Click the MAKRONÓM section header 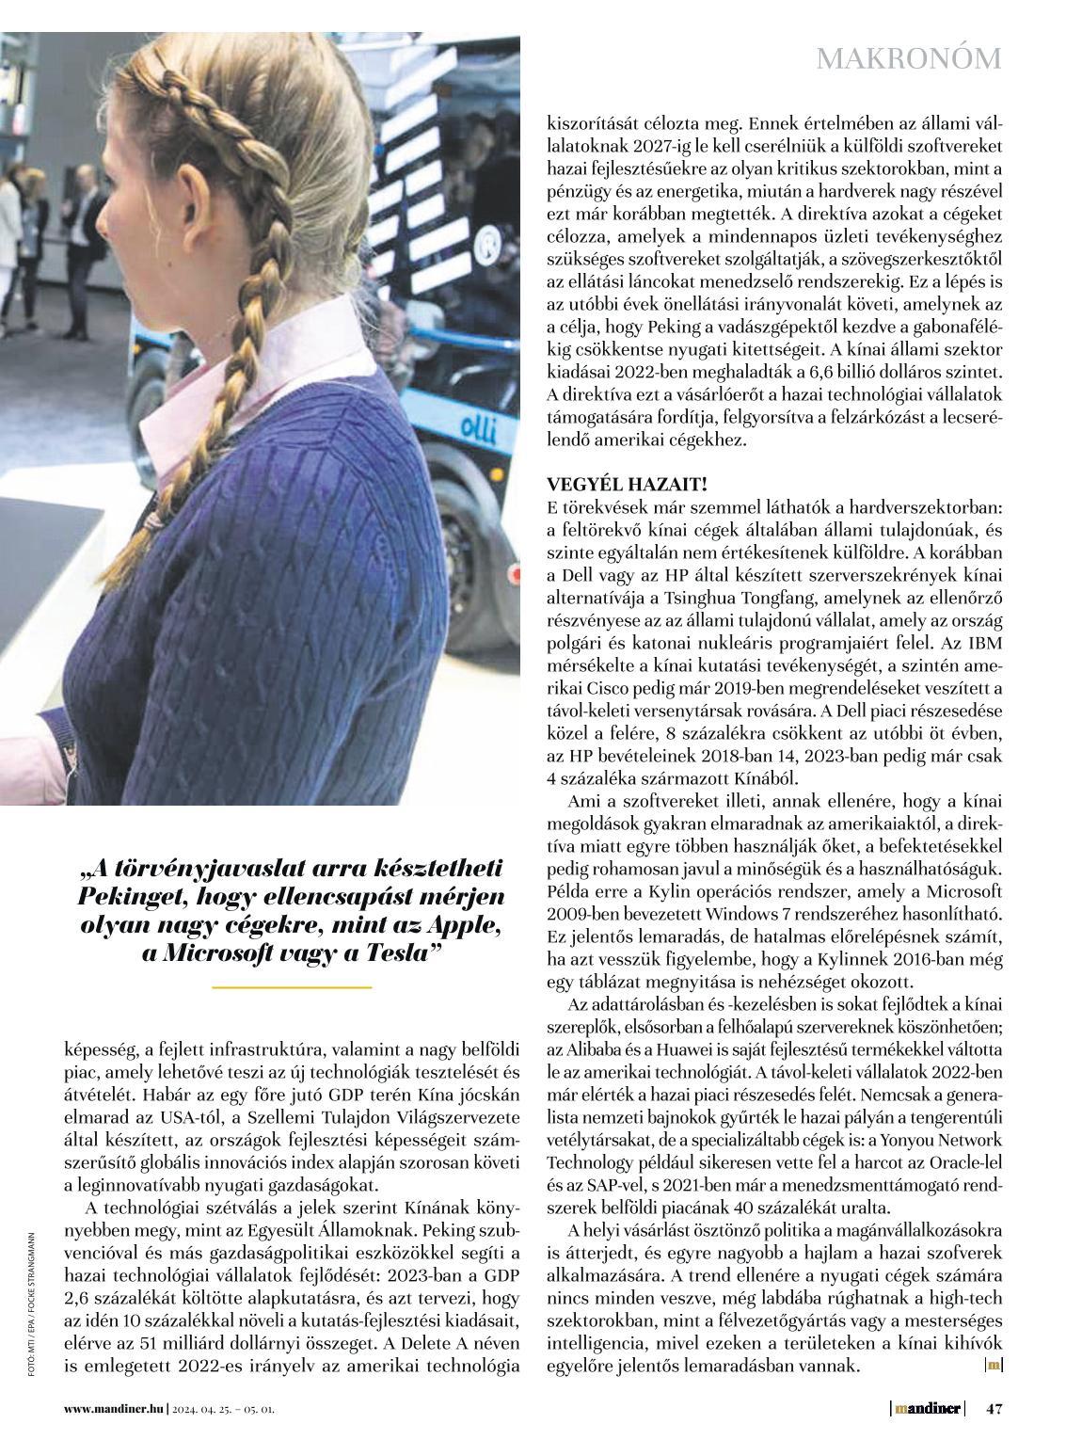point(908,58)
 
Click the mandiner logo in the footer point(929,1409)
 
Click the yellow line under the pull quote point(292,986)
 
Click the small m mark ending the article point(994,1365)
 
